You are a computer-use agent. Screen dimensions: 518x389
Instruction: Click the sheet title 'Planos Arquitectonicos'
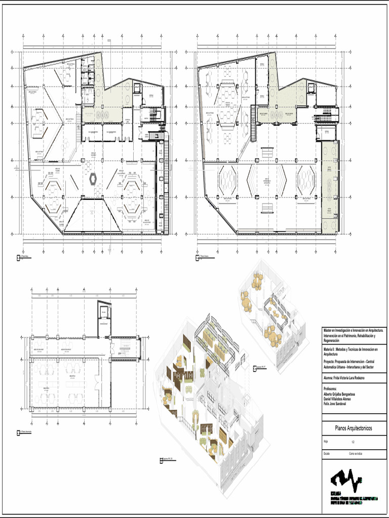(354, 428)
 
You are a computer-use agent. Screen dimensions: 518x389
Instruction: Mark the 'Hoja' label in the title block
(326, 442)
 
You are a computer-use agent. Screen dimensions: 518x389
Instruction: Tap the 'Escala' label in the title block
(327, 454)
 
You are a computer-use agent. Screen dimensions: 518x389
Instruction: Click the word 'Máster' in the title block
(329, 330)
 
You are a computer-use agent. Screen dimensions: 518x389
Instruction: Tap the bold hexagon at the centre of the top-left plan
(93, 179)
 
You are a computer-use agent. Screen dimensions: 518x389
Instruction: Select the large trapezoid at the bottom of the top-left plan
(93, 215)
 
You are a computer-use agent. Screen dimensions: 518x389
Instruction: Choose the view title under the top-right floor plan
(204, 258)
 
